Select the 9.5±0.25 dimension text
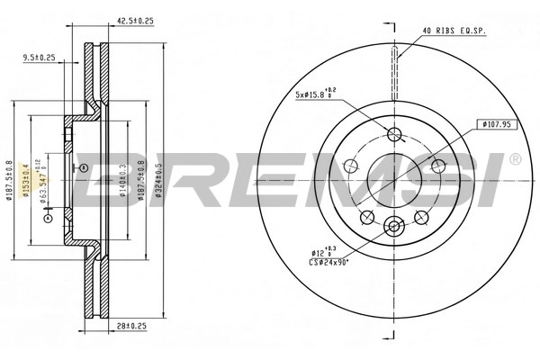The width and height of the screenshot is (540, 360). [x=40, y=58]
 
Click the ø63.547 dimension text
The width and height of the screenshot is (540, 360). [x=40, y=184]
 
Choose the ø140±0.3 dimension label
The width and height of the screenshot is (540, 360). [x=121, y=179]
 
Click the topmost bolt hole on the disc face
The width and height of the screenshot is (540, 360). [x=394, y=135]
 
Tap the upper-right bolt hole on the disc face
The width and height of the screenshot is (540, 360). [x=437, y=166]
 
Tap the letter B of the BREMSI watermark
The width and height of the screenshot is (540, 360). [x=105, y=181]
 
